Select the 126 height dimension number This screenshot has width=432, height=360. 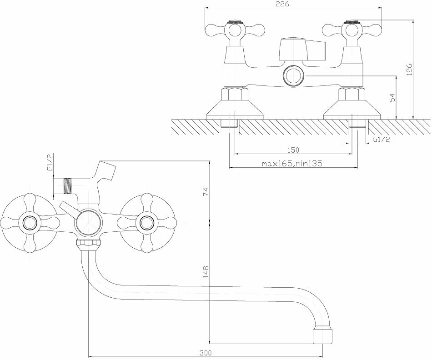pyautogui.click(x=409, y=69)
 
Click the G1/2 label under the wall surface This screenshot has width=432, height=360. pyautogui.click(x=382, y=139)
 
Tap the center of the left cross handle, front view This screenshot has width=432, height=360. pyautogui.click(x=31, y=223)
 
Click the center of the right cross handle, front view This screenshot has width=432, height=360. pyautogui.click(x=146, y=223)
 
